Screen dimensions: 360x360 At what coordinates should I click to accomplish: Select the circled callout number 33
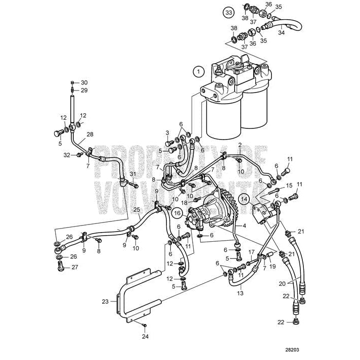[229, 12]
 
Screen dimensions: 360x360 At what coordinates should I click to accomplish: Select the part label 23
[105, 301]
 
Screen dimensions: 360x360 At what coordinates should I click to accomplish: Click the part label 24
[145, 336]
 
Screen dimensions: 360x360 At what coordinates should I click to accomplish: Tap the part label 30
[84, 82]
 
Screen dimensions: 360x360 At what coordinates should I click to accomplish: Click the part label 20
[282, 283]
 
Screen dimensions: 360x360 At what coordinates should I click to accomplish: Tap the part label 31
[133, 174]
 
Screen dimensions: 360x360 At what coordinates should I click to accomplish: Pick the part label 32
[67, 155]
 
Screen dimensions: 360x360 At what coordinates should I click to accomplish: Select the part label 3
[167, 132]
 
